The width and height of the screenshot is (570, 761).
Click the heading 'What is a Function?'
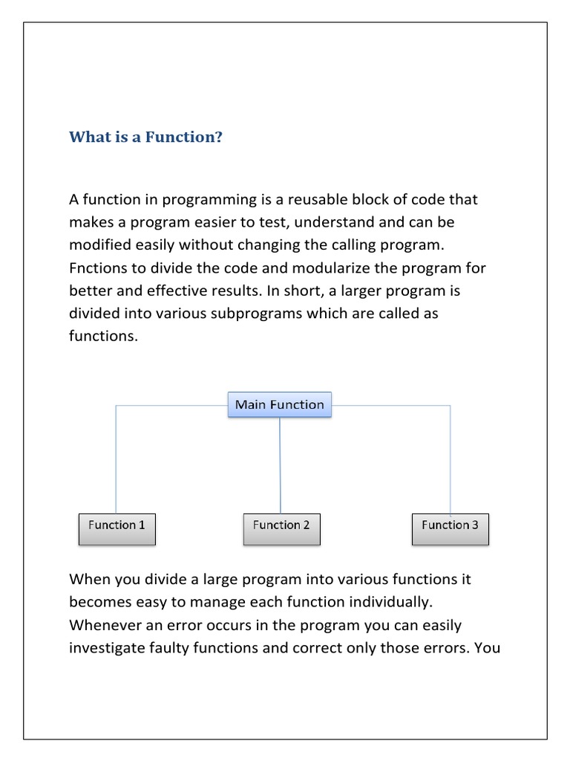point(145,137)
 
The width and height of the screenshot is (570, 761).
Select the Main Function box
point(279,405)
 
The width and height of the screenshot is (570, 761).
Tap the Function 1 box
point(117,525)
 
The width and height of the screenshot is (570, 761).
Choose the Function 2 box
point(281,525)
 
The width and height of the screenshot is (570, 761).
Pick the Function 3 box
point(450,525)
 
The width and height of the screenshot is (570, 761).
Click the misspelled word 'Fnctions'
point(97,268)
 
